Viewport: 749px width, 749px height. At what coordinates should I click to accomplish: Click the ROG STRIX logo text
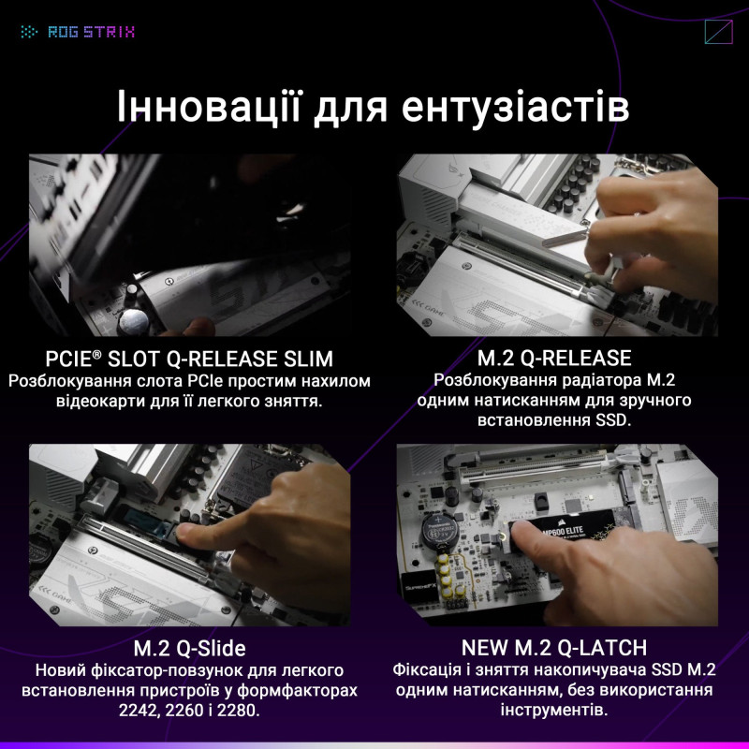coord(91,32)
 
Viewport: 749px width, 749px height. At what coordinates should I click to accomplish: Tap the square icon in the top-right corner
coord(716,32)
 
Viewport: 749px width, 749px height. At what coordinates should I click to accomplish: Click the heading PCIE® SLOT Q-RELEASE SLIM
coord(189,360)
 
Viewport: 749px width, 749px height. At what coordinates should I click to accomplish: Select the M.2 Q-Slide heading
coord(189,649)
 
